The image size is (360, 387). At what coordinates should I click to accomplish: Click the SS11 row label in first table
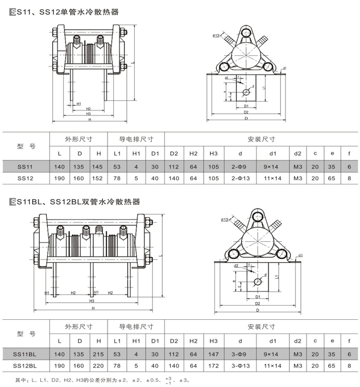[25, 166]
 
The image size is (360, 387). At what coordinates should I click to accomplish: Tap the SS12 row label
[25, 178]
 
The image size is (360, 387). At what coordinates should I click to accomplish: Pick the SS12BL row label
[25, 367]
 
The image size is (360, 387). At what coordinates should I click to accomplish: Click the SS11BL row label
[25, 354]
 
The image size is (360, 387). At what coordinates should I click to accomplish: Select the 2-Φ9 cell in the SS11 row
[241, 166]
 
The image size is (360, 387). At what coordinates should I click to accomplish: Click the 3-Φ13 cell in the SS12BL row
[241, 367]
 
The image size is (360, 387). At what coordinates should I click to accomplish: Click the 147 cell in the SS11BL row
[213, 354]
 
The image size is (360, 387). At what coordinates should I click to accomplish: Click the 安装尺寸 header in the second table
[262, 327]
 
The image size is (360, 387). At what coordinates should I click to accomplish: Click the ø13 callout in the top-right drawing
[218, 36]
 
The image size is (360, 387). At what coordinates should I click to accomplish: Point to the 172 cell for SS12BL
[213, 367]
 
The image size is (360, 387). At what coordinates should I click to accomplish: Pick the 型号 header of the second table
[25, 334]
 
